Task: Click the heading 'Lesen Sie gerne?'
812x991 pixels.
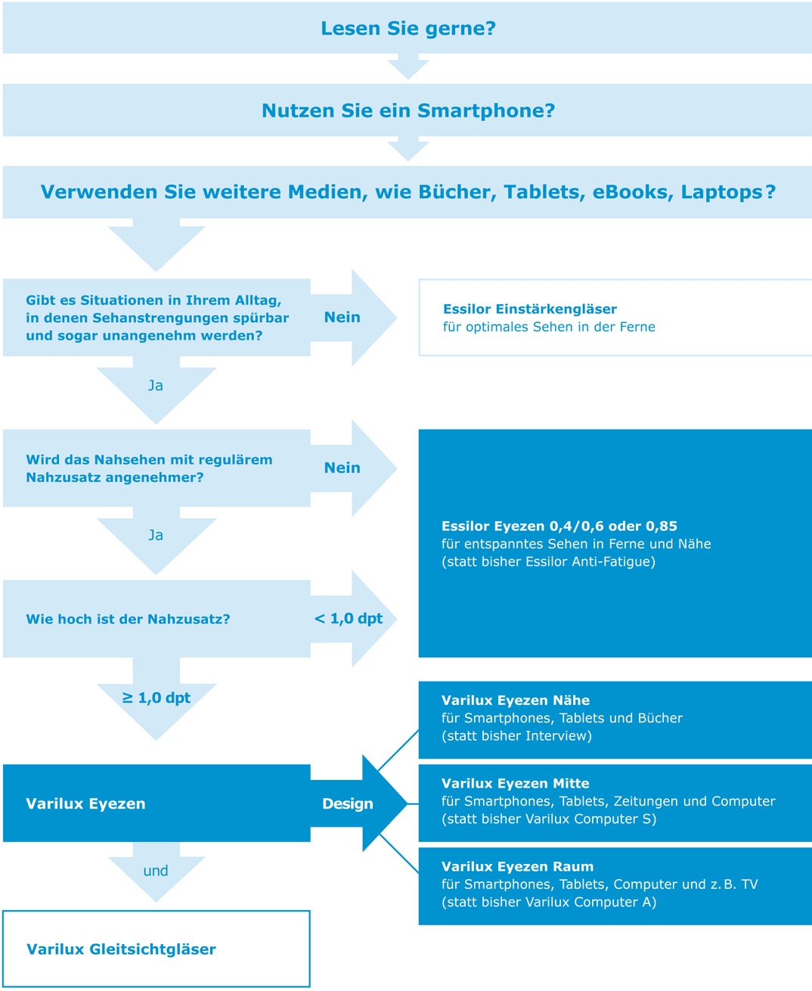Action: tap(408, 29)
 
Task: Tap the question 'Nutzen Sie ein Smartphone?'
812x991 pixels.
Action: tap(408, 110)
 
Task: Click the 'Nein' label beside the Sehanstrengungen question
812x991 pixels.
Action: tap(342, 318)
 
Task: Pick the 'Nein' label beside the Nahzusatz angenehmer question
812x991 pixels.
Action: tap(342, 468)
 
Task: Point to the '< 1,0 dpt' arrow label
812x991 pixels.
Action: tap(348, 619)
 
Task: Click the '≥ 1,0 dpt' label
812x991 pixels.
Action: tap(157, 697)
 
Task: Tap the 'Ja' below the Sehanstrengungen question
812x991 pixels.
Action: tap(156, 386)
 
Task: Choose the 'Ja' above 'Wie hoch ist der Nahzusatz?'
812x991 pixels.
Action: tap(156, 536)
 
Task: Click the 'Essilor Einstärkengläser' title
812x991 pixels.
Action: tap(529, 309)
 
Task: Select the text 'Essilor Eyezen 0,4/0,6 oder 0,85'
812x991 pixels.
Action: tap(559, 527)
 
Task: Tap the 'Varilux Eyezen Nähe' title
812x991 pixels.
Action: tap(515, 701)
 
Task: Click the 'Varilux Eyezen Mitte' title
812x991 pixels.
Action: tap(515, 784)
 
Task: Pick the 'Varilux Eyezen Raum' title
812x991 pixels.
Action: tap(517, 867)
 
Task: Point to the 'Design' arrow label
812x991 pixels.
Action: tap(347, 804)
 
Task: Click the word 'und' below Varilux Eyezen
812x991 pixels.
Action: tap(156, 871)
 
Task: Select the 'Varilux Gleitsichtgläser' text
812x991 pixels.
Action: tap(121, 949)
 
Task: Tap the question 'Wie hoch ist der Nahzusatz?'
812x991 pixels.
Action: tap(128, 620)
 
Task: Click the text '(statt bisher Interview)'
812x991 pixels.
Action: tap(516, 736)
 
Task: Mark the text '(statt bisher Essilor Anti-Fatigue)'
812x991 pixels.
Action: tap(548, 562)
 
